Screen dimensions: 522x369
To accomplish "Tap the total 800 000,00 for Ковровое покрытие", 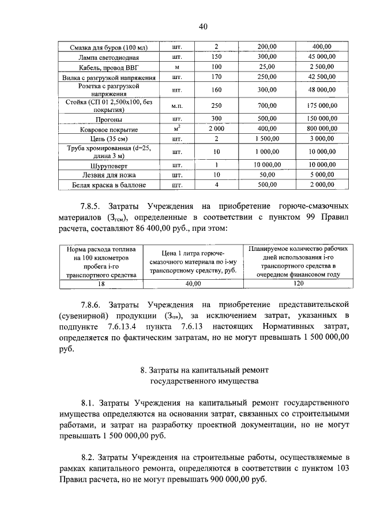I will [321, 130].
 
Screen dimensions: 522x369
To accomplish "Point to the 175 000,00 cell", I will [321, 106].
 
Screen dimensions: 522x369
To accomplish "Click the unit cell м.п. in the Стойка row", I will [177, 106].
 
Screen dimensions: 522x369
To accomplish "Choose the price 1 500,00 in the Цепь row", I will [267, 140].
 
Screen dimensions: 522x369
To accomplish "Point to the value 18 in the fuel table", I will [101, 284].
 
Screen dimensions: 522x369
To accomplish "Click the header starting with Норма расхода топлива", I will [101, 262].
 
